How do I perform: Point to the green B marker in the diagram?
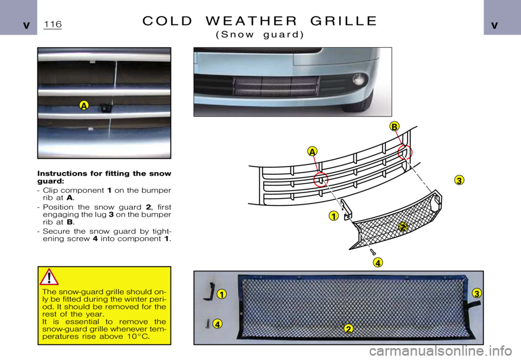tap(394, 127)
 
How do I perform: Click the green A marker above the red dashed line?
tap(312, 150)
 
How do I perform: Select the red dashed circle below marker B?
tap(405, 153)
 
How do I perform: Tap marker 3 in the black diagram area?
tap(459, 181)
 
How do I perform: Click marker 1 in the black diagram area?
tap(333, 216)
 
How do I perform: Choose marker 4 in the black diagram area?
tap(378, 263)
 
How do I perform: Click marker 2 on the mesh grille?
tap(348, 329)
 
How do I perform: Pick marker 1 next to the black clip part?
tap(221, 294)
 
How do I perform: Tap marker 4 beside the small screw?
tap(217, 324)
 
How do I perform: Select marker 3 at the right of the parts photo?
tap(476, 293)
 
